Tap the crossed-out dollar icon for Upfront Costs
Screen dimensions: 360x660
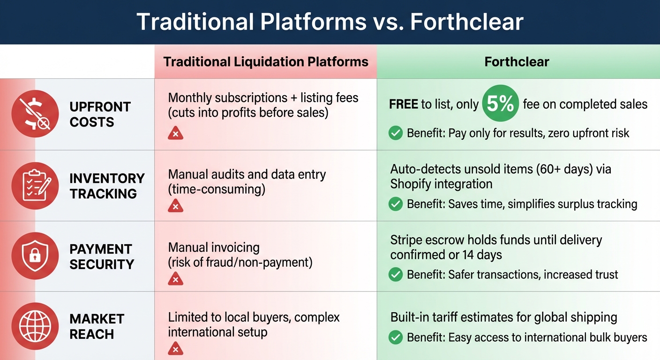(35, 114)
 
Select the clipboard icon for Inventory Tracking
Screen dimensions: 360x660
(35, 185)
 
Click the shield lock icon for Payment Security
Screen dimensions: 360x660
(35, 256)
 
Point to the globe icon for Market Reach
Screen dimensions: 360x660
(35, 326)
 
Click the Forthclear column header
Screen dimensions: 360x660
(517, 62)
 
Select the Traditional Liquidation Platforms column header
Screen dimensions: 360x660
(266, 62)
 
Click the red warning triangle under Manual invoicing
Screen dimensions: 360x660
(175, 279)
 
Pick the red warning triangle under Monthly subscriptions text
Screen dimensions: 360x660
(175, 134)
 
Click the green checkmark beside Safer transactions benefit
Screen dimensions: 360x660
(396, 275)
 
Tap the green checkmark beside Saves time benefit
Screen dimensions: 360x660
(396, 204)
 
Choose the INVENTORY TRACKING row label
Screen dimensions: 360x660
(107, 186)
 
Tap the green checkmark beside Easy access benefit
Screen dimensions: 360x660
(396, 337)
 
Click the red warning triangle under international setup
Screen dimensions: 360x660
(175, 349)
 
